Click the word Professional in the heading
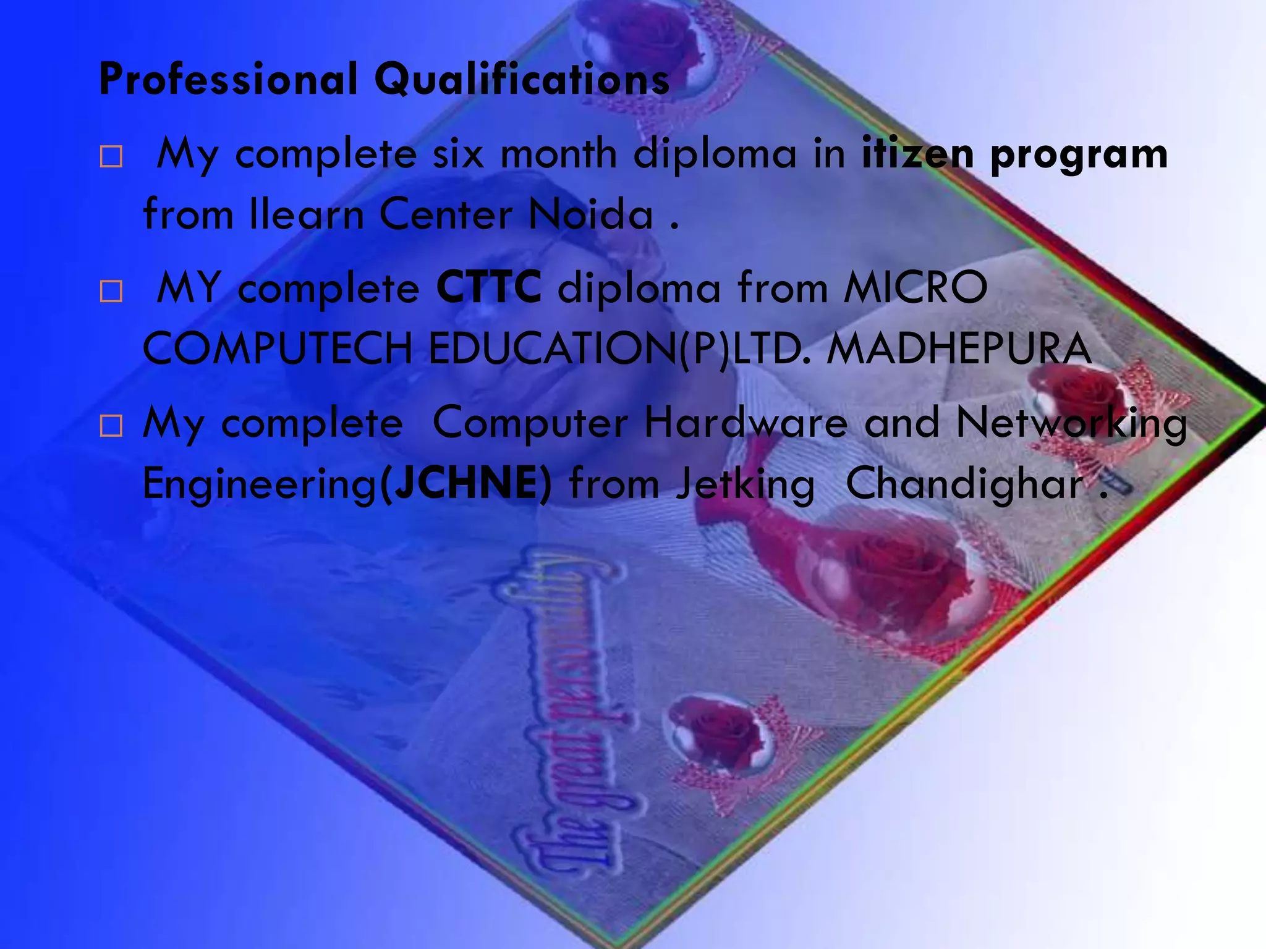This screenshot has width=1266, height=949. (x=228, y=79)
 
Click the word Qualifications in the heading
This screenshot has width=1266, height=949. (x=522, y=79)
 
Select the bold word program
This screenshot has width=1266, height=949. (x=1079, y=154)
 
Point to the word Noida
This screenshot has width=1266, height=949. (x=591, y=214)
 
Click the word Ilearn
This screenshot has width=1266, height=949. (x=307, y=214)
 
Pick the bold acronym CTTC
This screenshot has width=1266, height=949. (x=489, y=287)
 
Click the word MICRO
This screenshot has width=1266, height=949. (x=916, y=287)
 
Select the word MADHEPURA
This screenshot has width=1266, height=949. (x=959, y=348)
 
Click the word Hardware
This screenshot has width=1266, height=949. (x=746, y=423)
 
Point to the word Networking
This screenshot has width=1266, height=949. (x=1071, y=424)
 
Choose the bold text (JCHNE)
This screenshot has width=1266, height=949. (x=465, y=483)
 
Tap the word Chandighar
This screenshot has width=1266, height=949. (x=965, y=483)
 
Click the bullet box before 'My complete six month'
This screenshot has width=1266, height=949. (x=111, y=157)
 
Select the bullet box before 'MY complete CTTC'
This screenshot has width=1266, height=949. (x=111, y=291)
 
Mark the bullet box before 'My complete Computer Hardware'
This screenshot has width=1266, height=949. (x=111, y=426)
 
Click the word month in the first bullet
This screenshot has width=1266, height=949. (x=559, y=153)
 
